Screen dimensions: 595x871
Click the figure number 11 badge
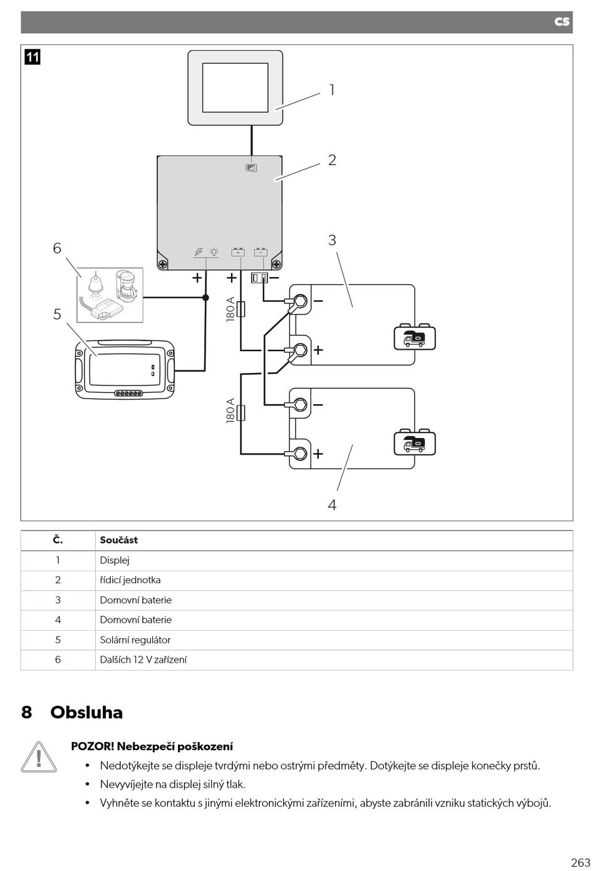click(x=33, y=57)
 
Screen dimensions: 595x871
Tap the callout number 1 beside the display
click(x=332, y=90)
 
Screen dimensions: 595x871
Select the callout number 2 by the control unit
click(x=332, y=160)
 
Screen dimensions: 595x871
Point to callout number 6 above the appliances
click(x=57, y=248)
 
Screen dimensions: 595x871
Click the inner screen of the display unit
click(x=235, y=88)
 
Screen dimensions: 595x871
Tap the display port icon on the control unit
click(x=251, y=168)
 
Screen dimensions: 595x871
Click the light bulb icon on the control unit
click(x=214, y=252)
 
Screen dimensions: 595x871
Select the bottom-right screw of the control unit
click(x=276, y=265)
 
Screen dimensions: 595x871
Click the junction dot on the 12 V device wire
click(x=205, y=297)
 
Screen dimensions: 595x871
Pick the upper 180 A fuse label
click(x=230, y=309)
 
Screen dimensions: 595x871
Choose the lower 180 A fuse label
click(x=230, y=410)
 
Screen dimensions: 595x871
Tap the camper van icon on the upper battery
click(x=415, y=337)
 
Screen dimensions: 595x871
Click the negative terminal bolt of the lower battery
click(x=301, y=404)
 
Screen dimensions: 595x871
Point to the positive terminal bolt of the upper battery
click(x=301, y=350)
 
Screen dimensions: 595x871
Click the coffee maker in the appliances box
click(x=126, y=287)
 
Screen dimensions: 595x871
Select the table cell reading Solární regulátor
click(x=135, y=639)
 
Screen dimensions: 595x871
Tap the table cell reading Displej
click(x=115, y=560)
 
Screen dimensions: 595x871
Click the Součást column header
click(x=119, y=540)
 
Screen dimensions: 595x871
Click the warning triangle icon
click(x=39, y=756)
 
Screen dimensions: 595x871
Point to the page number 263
click(x=581, y=862)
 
